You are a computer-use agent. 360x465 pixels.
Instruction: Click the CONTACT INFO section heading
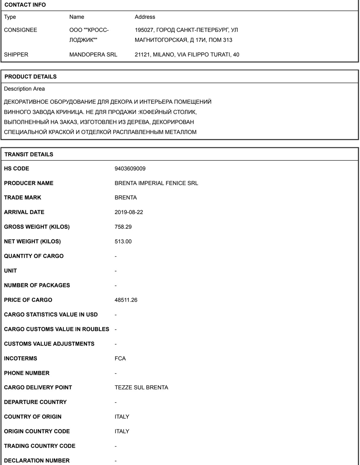coord(25,5)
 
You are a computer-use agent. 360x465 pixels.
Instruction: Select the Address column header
coord(145,17)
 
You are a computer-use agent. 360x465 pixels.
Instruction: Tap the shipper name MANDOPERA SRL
coord(93,55)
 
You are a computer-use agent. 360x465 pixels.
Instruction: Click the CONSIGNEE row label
coord(20,30)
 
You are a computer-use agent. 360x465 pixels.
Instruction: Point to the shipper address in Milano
coord(187,55)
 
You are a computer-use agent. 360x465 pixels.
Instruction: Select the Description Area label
coord(24,89)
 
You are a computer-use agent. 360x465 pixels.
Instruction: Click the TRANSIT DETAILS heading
coord(29,155)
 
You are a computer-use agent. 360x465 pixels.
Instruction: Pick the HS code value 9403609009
coord(130,169)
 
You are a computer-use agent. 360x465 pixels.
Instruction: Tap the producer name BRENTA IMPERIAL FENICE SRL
coord(156,183)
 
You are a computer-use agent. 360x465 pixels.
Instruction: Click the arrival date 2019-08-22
coord(129,212)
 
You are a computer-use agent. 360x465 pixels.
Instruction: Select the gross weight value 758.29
coord(123,227)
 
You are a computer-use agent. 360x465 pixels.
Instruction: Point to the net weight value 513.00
coord(123,242)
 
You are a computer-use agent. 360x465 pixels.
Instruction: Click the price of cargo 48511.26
coord(126,300)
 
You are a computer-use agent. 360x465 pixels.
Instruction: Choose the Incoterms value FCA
coord(120,358)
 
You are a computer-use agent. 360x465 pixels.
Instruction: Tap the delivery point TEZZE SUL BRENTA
coord(141,388)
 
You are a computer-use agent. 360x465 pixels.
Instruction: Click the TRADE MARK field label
coord(22,198)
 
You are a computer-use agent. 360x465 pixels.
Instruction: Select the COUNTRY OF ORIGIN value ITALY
coord(122,417)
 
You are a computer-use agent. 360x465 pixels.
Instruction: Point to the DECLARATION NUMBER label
coord(37,461)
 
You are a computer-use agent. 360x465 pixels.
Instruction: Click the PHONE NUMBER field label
coord(26,373)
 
